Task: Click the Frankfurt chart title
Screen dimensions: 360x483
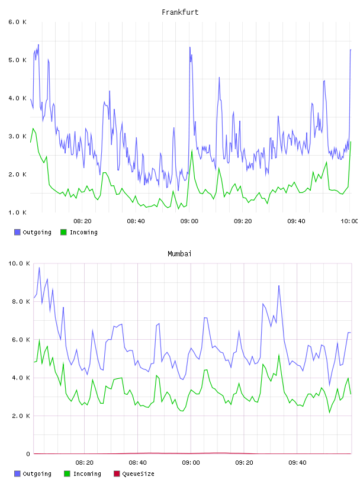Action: point(180,12)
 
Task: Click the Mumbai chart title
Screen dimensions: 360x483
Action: point(179,253)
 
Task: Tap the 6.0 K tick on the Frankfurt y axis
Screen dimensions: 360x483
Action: point(17,22)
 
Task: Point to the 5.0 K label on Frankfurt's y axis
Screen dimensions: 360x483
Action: point(17,60)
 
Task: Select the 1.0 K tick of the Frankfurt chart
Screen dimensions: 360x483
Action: point(17,212)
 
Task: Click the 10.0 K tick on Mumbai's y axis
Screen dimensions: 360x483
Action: point(19,263)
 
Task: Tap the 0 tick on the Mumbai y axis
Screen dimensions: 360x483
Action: point(28,454)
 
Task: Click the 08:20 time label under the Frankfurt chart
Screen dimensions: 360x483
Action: point(82,221)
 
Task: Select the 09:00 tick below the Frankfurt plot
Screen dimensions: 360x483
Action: point(189,221)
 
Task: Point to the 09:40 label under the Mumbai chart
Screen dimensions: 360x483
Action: point(297,462)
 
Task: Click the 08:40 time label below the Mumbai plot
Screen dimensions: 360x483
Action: point(137,462)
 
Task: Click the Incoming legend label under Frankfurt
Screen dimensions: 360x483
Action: point(83,232)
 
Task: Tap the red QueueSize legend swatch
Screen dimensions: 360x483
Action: point(117,474)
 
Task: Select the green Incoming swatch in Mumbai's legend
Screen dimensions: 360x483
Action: point(67,474)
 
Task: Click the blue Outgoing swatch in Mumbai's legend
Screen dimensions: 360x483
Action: point(17,474)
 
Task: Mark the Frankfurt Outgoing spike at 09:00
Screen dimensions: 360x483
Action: point(190,47)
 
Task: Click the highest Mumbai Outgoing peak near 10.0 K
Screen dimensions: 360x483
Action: point(39,268)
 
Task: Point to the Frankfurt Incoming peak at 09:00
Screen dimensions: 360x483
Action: point(192,150)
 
